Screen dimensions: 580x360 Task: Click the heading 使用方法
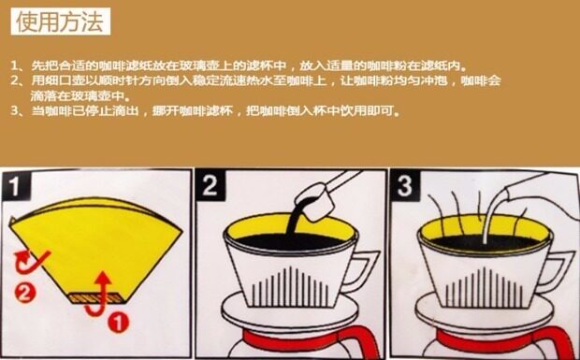(x=60, y=22)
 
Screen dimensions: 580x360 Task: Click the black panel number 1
(x=15, y=185)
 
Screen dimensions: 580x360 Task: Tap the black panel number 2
(x=210, y=185)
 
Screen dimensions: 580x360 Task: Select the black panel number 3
(x=404, y=185)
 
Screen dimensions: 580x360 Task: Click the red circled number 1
(x=118, y=323)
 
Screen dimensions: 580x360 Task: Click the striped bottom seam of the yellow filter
(x=95, y=298)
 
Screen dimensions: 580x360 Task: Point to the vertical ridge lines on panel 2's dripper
(x=289, y=287)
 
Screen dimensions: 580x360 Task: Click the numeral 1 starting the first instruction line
(x=14, y=66)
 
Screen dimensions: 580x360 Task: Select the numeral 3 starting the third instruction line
(x=14, y=110)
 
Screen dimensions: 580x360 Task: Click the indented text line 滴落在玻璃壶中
(x=80, y=95)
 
